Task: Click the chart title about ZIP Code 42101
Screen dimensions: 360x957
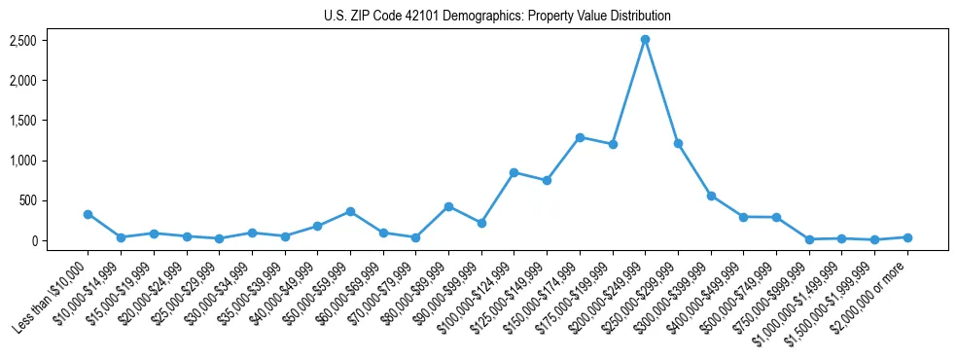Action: [x=497, y=16]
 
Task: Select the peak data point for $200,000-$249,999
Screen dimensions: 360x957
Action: [x=645, y=40]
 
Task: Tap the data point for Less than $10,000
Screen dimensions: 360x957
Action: [x=88, y=214]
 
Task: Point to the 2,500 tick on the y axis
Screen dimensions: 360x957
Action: [x=24, y=40]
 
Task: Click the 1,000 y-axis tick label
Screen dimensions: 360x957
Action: [x=24, y=161]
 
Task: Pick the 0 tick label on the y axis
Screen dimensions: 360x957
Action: [x=34, y=240]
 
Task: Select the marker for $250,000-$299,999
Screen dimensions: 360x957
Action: [x=678, y=143]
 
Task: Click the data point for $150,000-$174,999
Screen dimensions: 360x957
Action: [x=580, y=137]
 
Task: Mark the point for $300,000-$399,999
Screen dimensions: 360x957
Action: [x=711, y=196]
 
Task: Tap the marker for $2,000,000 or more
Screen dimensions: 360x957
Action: [x=907, y=237]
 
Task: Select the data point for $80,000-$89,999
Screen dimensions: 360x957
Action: [x=448, y=206]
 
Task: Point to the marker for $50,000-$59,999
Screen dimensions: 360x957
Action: [x=350, y=211]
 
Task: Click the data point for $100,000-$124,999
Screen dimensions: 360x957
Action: [x=514, y=172]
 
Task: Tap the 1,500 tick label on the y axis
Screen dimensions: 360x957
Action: [x=24, y=121]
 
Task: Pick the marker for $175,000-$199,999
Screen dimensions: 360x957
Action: [x=613, y=144]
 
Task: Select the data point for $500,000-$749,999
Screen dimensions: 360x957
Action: [x=776, y=217]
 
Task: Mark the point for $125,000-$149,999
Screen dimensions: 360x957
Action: [x=547, y=180]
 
